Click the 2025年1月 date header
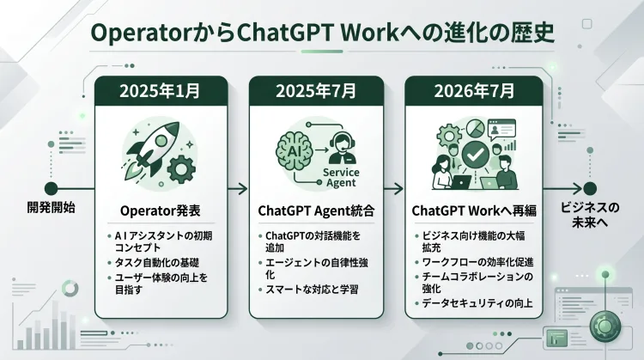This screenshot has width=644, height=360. click(x=161, y=91)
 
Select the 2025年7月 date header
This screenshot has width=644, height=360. click(x=316, y=91)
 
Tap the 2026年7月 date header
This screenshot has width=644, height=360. click(x=474, y=91)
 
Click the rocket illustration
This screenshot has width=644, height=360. click(x=151, y=150)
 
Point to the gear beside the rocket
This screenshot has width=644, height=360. click(x=181, y=169)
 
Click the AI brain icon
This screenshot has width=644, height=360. click(x=295, y=151)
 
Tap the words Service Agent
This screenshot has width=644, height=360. click(x=341, y=178)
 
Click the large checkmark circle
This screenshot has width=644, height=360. click(x=475, y=155)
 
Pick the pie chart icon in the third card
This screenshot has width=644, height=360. click(x=476, y=129)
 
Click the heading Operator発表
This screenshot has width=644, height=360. click(x=161, y=211)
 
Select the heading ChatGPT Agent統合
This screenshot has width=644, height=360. click(x=316, y=211)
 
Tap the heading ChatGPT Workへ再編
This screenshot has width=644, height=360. click(x=474, y=211)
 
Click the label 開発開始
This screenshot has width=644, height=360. click(x=51, y=208)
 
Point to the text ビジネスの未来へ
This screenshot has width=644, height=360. click(x=590, y=215)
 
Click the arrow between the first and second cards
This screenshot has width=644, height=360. click(x=238, y=189)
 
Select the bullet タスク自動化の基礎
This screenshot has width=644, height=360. click(x=157, y=262)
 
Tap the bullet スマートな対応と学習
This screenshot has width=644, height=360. click(x=312, y=290)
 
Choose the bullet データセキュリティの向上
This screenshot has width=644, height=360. click(x=477, y=303)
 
